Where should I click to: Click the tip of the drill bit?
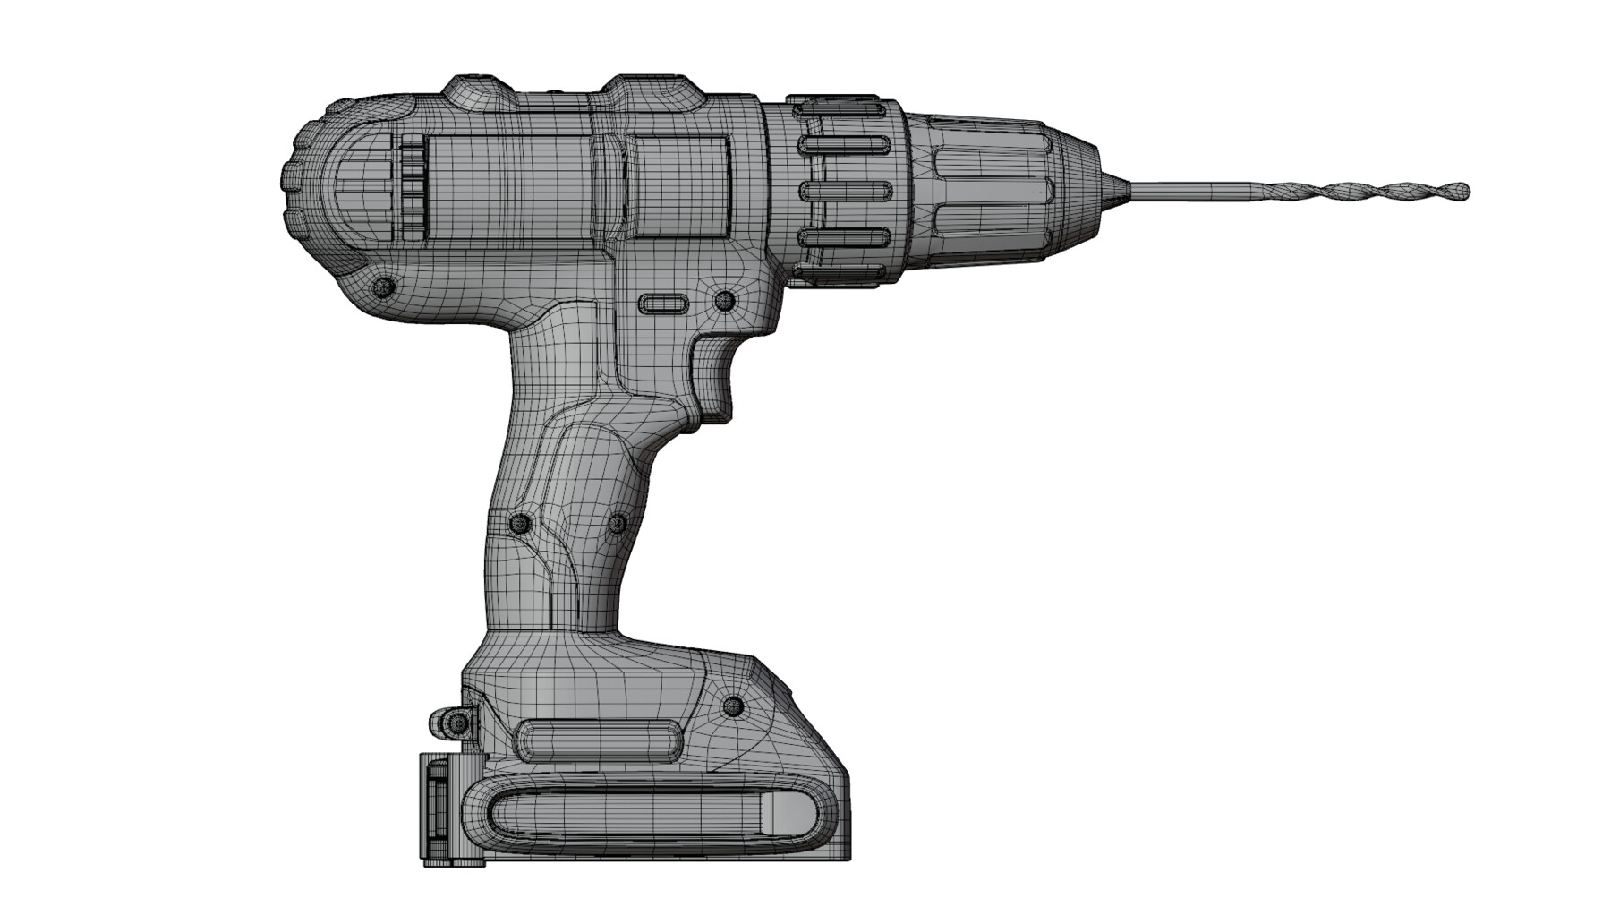[1464, 190]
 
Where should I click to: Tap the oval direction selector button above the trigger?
[661, 304]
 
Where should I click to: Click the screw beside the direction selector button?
[724, 300]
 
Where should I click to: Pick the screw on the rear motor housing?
[385, 287]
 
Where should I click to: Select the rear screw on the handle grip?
[519, 523]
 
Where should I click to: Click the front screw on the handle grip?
[618, 523]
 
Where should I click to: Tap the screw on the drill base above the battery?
[733, 706]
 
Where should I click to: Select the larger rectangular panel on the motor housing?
[508, 188]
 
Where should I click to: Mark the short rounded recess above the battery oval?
[598, 740]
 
